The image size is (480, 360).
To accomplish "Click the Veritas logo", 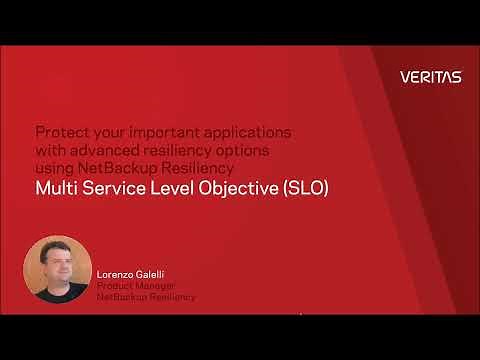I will click(x=430, y=77).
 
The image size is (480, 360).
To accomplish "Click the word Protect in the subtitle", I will click(x=57, y=132).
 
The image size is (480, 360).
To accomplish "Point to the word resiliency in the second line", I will click(x=180, y=148).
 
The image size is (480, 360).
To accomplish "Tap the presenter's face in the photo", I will click(x=56, y=261).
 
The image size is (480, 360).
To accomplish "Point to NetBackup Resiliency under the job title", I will click(x=146, y=297).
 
